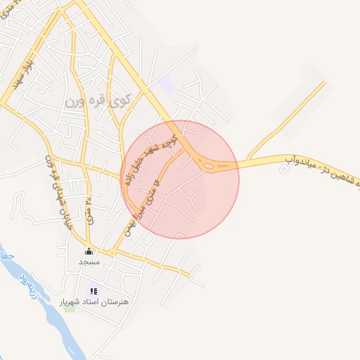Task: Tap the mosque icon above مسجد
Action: [89, 252]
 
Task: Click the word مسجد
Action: [89, 262]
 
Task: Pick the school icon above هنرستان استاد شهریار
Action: [94, 290]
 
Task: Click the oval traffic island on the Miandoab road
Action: [210, 166]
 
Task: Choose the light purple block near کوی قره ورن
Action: [167, 87]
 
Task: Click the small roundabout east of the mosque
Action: [112, 252]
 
